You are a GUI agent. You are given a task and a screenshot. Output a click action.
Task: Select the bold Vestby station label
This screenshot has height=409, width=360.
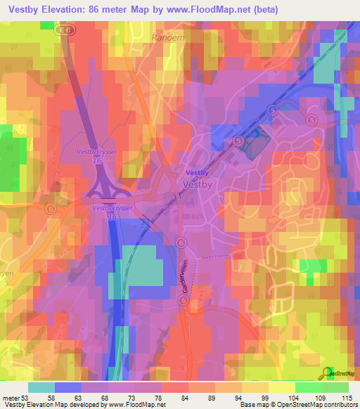(x=196, y=172)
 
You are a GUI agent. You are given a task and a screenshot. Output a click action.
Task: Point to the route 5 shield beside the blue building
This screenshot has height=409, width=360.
(x=239, y=141)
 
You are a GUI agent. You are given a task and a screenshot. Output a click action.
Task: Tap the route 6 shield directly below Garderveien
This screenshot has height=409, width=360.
(x=182, y=300)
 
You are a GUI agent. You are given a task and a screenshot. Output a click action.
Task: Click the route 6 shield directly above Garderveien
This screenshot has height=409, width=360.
(x=181, y=242)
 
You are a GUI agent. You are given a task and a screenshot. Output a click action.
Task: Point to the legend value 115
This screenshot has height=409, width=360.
(x=345, y=397)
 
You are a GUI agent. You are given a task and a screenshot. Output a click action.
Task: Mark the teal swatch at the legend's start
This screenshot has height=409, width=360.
(x=41, y=387)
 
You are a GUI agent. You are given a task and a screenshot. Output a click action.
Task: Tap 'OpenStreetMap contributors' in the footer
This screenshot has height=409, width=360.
(x=319, y=405)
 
